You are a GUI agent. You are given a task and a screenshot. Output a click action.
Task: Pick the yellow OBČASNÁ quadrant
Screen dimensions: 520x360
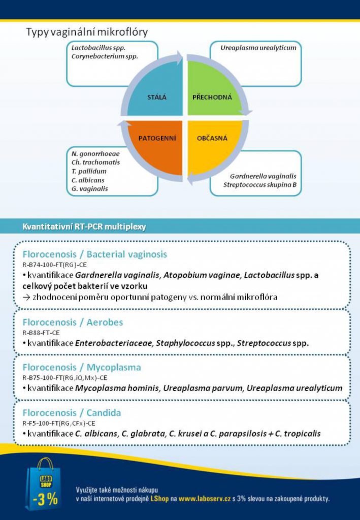point(213,145)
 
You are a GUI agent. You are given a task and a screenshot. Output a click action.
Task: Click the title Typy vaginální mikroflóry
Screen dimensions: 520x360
point(87,32)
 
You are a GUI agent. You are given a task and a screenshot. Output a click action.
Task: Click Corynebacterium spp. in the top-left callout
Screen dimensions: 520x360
point(105,56)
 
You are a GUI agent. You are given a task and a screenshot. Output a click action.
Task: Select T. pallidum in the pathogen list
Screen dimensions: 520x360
point(89,171)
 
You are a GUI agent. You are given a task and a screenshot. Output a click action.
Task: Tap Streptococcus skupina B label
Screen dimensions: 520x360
point(260,184)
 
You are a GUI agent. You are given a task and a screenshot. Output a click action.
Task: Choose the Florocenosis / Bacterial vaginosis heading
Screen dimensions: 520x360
point(94,254)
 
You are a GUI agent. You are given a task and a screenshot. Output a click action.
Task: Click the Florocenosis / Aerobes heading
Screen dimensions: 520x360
point(73,322)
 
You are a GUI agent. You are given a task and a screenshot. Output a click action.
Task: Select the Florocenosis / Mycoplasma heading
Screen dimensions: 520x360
point(82,367)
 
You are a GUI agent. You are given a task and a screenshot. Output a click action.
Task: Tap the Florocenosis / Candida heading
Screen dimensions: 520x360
point(72,412)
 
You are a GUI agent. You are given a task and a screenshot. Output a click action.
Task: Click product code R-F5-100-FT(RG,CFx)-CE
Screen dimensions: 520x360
point(59,423)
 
